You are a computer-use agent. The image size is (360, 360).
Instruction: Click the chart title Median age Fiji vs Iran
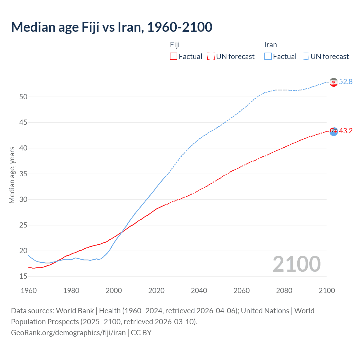click(x=112, y=27)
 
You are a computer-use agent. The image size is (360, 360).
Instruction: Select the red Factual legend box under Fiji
click(x=174, y=57)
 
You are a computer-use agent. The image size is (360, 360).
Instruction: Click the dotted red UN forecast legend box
click(x=211, y=57)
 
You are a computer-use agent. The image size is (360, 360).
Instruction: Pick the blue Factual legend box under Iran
click(x=268, y=57)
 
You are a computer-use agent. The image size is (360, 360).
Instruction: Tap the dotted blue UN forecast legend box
click(x=305, y=57)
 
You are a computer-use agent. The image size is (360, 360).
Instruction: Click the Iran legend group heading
click(x=271, y=45)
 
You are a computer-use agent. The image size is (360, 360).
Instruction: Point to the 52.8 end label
click(x=346, y=82)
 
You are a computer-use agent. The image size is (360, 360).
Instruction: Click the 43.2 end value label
click(x=346, y=131)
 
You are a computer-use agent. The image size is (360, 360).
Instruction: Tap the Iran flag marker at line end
click(x=334, y=82)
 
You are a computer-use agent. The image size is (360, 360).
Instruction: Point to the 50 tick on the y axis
click(x=23, y=97)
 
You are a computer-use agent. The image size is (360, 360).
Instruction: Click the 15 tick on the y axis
click(x=23, y=276)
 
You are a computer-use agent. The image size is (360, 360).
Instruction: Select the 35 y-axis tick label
click(x=23, y=174)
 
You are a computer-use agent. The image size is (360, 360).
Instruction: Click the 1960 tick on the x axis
click(x=29, y=291)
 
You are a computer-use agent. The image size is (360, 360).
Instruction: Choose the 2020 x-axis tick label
click(x=156, y=291)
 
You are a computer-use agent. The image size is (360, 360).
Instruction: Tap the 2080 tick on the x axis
click(x=284, y=291)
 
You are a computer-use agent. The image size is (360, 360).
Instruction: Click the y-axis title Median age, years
click(x=12, y=175)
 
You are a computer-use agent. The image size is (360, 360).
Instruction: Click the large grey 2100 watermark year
click(x=296, y=264)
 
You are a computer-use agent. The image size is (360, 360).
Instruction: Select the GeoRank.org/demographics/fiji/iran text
click(x=68, y=333)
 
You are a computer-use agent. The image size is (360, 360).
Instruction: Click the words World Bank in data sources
click(x=75, y=311)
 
